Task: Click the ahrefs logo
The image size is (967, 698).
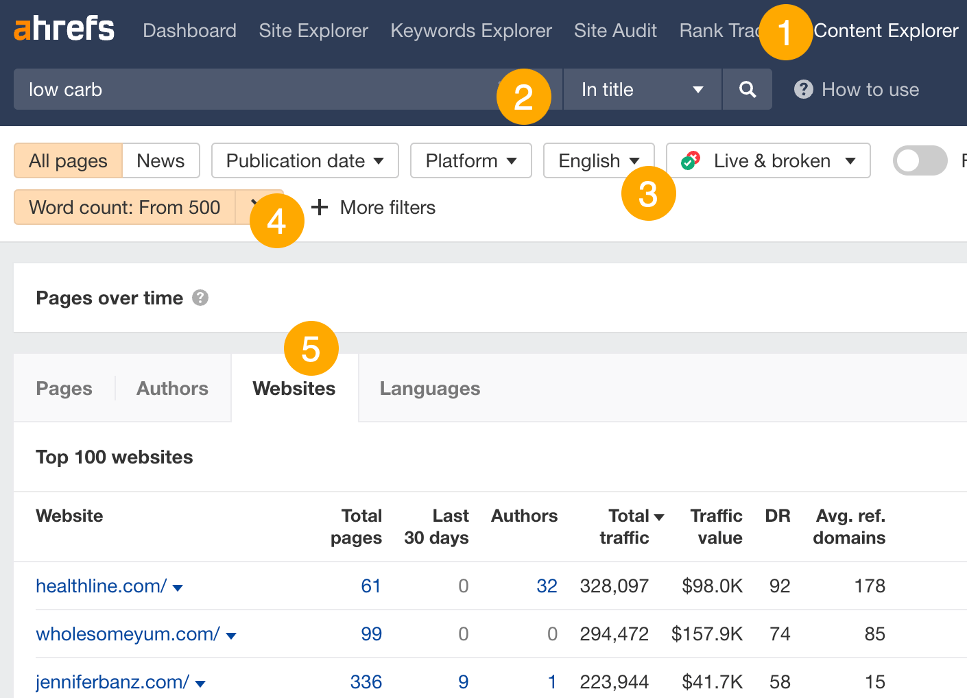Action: (x=64, y=29)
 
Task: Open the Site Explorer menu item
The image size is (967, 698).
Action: (x=313, y=31)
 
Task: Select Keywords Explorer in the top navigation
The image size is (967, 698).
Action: (x=471, y=31)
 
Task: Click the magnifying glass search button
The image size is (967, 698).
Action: (x=748, y=89)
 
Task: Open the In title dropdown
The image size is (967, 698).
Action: (x=642, y=89)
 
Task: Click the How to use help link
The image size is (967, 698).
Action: (x=857, y=90)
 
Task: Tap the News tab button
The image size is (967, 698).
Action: (x=160, y=160)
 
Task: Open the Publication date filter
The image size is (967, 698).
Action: (x=305, y=160)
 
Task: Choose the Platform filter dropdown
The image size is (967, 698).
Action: (x=470, y=160)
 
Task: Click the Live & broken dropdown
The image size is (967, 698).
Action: (x=769, y=160)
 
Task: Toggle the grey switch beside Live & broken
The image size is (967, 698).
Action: (x=920, y=160)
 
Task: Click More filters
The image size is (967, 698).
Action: (x=374, y=207)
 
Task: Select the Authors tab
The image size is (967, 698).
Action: (x=172, y=388)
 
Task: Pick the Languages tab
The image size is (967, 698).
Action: (x=430, y=388)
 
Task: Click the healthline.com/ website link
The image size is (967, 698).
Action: (x=101, y=586)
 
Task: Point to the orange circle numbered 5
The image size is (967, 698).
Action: (x=311, y=349)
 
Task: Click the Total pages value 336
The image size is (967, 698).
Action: (x=366, y=682)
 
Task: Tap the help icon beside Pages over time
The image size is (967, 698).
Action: (x=200, y=298)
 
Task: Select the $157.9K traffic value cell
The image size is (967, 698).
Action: (x=706, y=634)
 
